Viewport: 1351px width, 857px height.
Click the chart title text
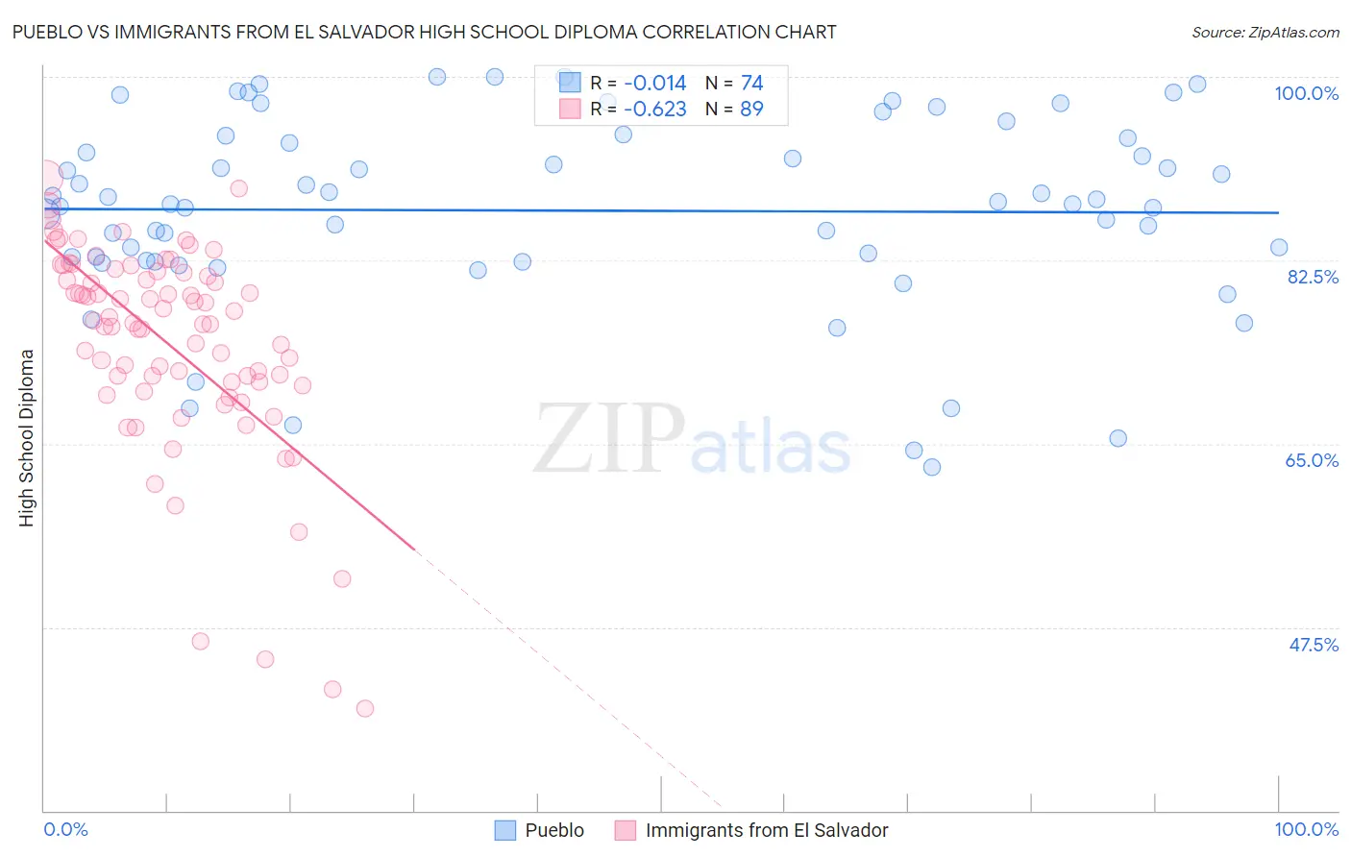tap(424, 32)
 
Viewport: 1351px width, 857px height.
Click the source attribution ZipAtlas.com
tap(1265, 33)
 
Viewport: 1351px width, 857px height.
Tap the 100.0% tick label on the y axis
tap(1306, 93)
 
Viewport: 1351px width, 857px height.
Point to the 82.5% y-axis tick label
tap(1313, 277)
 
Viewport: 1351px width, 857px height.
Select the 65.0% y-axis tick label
tap(1312, 460)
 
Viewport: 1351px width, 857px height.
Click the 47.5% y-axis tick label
tap(1313, 645)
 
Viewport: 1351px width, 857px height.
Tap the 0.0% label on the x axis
tap(65, 829)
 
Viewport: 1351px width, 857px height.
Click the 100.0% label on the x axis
tap(1306, 829)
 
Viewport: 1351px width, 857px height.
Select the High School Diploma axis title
tap(27, 437)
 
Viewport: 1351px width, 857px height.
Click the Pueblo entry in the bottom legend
tap(554, 830)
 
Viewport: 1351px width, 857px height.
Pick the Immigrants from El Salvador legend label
tap(767, 830)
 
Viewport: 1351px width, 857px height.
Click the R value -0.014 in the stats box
tap(655, 84)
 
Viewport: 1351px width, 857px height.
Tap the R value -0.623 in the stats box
tap(655, 110)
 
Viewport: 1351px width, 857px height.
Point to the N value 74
tap(751, 84)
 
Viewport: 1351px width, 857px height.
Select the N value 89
tap(751, 110)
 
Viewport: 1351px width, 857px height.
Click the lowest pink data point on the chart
tap(365, 708)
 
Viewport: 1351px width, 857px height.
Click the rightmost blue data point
tap(1279, 248)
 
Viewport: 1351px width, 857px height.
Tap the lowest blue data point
tap(932, 467)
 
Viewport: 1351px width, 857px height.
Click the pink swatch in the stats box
tap(570, 109)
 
